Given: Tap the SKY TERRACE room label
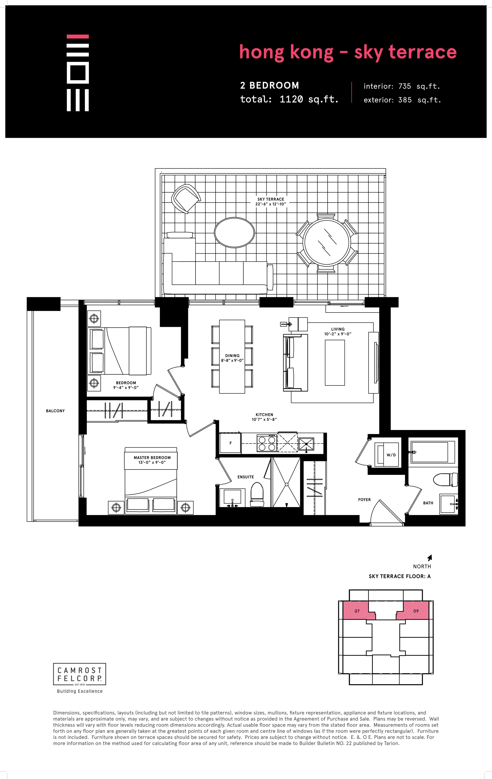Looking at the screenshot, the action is pos(271,202).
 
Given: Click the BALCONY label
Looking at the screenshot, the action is pos(55,411).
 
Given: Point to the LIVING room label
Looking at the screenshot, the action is pos(338,331).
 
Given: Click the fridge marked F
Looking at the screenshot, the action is pos(230,443).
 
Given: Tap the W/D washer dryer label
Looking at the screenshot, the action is pos(391,455).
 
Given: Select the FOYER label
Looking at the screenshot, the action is pos(364,500).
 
